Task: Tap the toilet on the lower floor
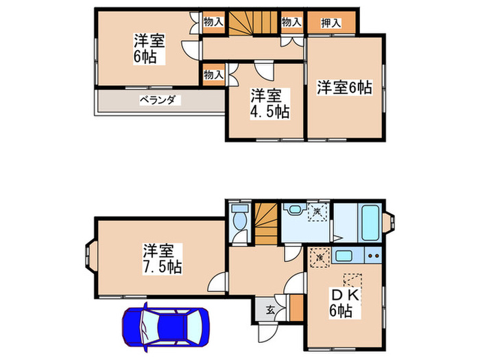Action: coord(239,219)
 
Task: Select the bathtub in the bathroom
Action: coord(371,223)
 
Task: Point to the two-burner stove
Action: coord(374,256)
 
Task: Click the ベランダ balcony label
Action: coord(160,100)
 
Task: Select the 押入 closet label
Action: coord(332,23)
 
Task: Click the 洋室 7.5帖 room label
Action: coord(163,258)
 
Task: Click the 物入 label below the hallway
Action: coord(213,74)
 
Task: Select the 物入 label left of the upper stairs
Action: coord(213,22)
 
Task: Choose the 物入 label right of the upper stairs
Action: coord(291,22)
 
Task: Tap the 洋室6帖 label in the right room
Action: coord(344,87)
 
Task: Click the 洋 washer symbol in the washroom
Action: coord(317,212)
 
